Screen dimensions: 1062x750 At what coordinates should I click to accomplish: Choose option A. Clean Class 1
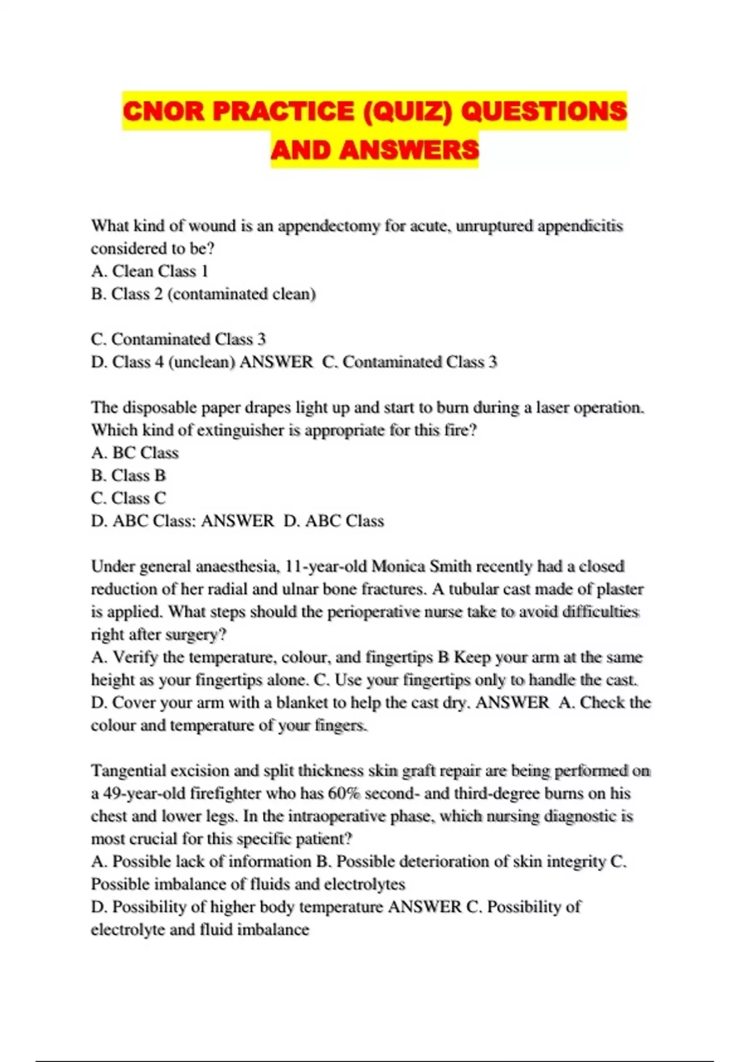pos(149,271)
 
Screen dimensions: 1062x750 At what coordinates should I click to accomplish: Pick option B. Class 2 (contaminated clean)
pos(203,294)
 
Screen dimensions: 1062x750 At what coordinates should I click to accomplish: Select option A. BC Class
pos(134,453)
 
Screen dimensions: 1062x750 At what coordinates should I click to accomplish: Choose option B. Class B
pos(128,475)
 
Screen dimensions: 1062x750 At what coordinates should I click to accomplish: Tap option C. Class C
pos(128,499)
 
